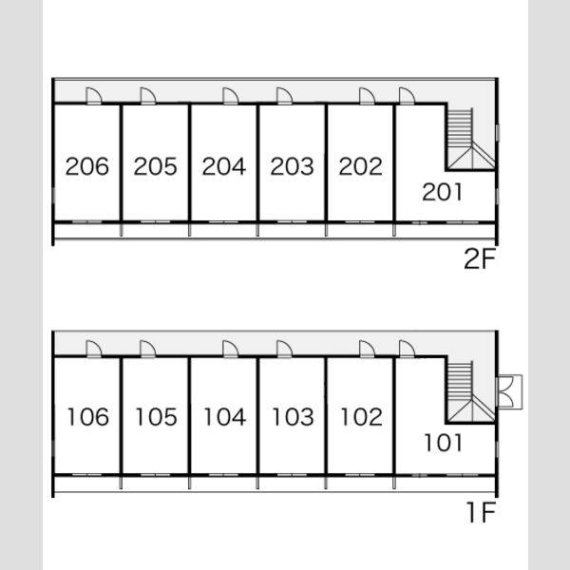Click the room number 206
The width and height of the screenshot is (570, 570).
(x=87, y=166)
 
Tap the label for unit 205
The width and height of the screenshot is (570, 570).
(x=155, y=166)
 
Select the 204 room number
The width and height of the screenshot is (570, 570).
(x=224, y=166)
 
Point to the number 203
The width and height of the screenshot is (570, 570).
(x=292, y=166)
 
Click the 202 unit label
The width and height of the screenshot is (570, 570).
(x=360, y=166)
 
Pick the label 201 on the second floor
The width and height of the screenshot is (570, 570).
(x=443, y=192)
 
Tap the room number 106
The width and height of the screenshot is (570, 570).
(x=88, y=417)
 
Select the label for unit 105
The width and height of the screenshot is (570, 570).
(x=157, y=417)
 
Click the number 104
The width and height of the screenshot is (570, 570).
(x=225, y=417)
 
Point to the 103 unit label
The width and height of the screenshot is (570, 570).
(x=293, y=417)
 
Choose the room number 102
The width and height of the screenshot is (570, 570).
(x=361, y=417)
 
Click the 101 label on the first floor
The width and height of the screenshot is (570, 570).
(x=444, y=443)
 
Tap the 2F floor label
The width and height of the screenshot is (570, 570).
(x=480, y=258)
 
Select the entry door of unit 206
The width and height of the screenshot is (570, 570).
(x=94, y=96)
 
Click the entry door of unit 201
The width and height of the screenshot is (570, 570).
(x=407, y=96)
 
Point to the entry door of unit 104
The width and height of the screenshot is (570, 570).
(x=231, y=350)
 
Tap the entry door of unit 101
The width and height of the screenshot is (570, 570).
(x=407, y=350)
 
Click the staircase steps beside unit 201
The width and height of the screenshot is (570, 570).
(x=460, y=127)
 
